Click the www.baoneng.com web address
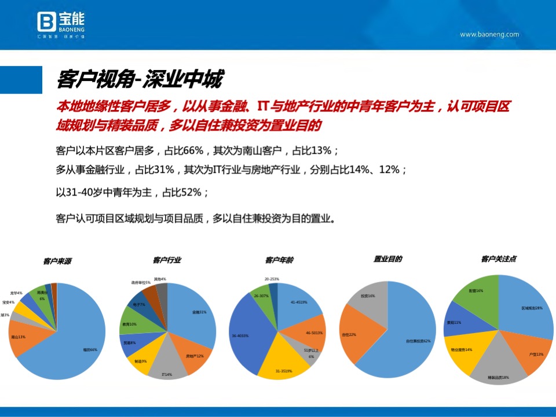[x=489, y=34]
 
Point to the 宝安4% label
[x=8, y=302]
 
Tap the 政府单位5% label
[x=141, y=283]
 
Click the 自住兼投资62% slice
[x=405, y=341]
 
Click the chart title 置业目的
[x=388, y=259]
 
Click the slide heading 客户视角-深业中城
[x=139, y=80]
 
